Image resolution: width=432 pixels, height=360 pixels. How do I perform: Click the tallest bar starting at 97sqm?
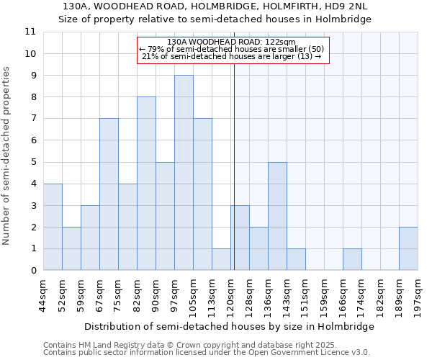pyautogui.click(x=184, y=173)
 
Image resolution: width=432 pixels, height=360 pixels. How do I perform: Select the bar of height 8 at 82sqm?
pyautogui.click(x=146, y=184)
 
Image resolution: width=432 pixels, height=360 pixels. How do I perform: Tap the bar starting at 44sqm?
pyautogui.click(x=53, y=227)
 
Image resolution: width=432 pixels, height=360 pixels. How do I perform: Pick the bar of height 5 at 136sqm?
pyautogui.click(x=277, y=216)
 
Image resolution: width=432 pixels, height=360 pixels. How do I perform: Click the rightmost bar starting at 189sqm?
pyautogui.click(x=408, y=248)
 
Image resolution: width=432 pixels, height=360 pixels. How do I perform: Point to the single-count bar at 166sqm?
pyautogui.click(x=352, y=259)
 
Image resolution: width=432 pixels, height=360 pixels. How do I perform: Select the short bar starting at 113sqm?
pyautogui.click(x=221, y=259)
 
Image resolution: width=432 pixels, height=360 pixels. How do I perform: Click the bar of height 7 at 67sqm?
pyautogui.click(x=109, y=194)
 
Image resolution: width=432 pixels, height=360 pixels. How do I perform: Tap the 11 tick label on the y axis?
pyautogui.click(x=30, y=32)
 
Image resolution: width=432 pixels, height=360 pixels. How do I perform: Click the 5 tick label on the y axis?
pyautogui.click(x=32, y=162)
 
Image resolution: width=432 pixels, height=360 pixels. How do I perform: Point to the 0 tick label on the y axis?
pyautogui.click(x=32, y=271)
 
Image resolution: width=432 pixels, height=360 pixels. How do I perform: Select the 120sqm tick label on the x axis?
pyautogui.click(x=230, y=295)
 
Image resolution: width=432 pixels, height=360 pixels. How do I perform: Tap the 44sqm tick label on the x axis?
pyautogui.click(x=43, y=295)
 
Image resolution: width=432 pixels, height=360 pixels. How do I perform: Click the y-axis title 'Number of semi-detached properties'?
pyautogui.click(x=6, y=156)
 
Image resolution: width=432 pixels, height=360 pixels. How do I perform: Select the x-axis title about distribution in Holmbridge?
pyautogui.click(x=229, y=326)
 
